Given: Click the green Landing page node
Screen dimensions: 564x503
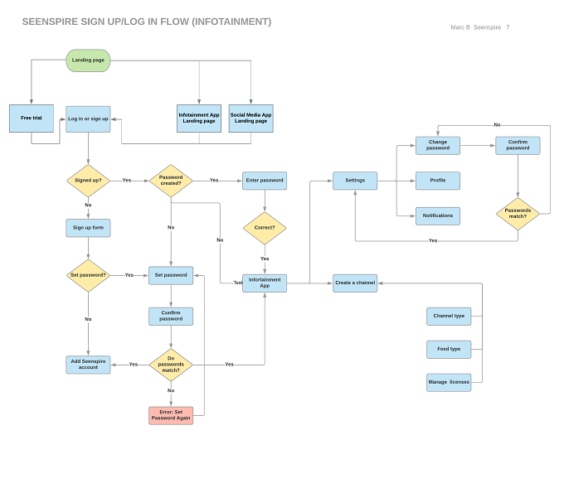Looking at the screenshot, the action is (88, 60).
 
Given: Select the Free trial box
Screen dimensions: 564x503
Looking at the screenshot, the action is (32, 118).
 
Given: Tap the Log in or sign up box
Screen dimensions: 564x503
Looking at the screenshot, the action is (88, 119).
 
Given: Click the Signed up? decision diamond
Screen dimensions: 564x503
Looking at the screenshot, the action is (88, 181).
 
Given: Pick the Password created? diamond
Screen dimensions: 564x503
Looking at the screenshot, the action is (171, 181).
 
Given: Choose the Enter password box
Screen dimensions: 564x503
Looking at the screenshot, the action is (265, 181).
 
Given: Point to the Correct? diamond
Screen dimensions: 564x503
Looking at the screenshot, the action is (265, 228).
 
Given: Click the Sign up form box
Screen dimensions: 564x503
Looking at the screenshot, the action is (88, 228).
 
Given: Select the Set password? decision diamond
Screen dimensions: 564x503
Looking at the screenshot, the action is (88, 275).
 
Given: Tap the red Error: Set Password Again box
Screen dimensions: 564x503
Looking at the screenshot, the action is (171, 415).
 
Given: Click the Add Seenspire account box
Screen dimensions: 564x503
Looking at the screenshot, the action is (88, 365).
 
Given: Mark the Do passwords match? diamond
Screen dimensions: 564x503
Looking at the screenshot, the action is (171, 365).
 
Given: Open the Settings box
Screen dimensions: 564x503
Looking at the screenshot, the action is (355, 181).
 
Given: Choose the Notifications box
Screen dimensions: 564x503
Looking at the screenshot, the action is (438, 216).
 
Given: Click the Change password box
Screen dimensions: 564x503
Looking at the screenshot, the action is (438, 146).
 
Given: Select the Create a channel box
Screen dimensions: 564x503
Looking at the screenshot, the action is (355, 283).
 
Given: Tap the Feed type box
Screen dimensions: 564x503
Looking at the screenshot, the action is (449, 349).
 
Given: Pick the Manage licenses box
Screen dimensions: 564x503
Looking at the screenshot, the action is (449, 382).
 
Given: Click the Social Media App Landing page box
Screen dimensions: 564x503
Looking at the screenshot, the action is (251, 118).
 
